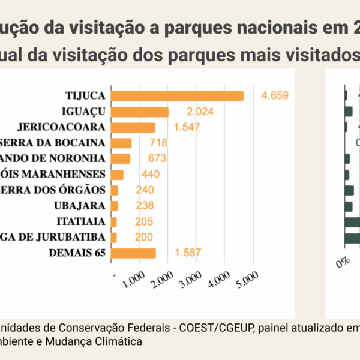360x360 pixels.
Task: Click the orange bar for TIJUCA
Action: [x=178, y=96]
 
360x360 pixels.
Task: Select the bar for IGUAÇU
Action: [x=140, y=112]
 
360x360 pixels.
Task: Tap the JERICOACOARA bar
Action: [x=133, y=127]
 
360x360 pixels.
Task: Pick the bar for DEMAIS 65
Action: [x=134, y=253]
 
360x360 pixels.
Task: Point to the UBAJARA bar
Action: [x=115, y=206]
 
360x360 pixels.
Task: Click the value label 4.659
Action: [x=275, y=95]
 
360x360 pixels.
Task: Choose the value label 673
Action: [x=157, y=158]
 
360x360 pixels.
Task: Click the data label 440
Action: [x=149, y=175]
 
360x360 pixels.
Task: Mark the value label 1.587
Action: [x=187, y=253]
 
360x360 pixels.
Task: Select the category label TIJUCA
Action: [x=85, y=96]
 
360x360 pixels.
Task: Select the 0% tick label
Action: [x=343, y=263]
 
